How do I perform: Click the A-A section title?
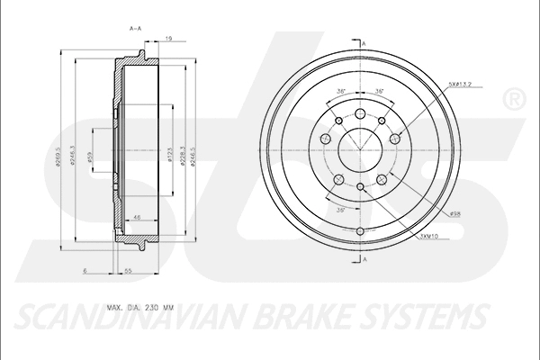click(136, 30)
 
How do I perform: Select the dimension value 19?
click(168, 39)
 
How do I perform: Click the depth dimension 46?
click(137, 217)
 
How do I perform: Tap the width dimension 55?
click(129, 270)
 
